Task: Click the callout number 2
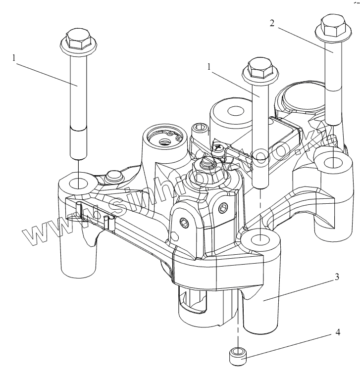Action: [272, 23]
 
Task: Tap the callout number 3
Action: [337, 277]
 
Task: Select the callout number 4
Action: [338, 332]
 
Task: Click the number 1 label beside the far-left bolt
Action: [14, 57]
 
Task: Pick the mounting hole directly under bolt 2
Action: [332, 161]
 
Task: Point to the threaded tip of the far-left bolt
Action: [78, 143]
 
